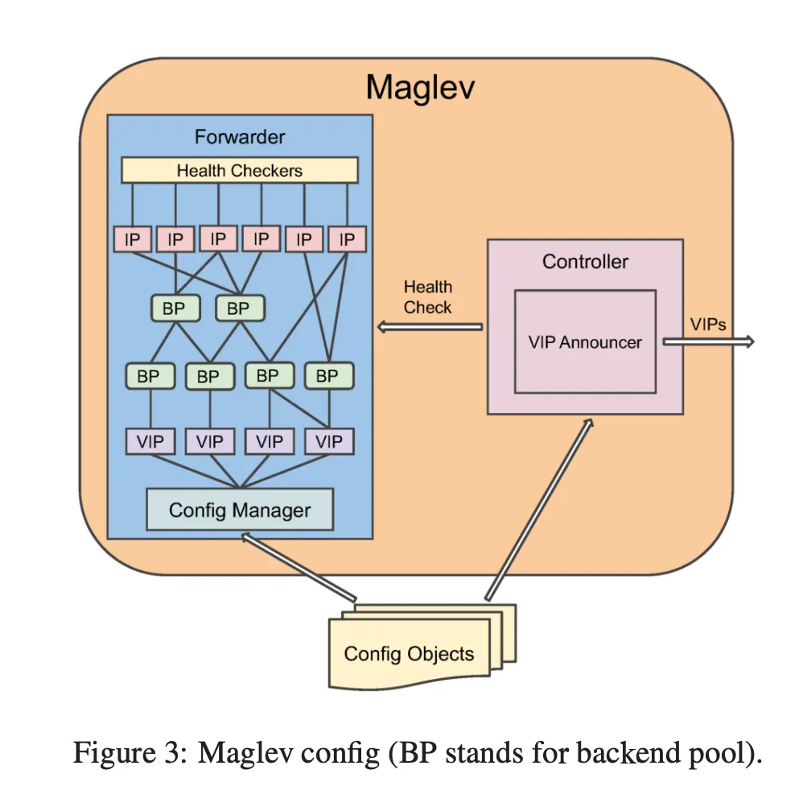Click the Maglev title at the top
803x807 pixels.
420,87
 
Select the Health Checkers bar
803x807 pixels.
239,170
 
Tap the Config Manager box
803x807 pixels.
239,510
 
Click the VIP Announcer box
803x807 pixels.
585,342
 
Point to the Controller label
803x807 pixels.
585,262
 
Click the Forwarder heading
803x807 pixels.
239,137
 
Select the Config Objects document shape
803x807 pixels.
410,652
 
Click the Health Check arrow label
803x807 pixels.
427,297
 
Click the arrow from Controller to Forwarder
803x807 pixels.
430,327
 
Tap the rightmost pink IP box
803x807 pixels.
347,239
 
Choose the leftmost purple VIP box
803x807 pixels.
150,441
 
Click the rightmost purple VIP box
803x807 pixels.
328,441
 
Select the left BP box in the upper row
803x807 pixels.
175,308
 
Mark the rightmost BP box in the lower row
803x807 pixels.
328,376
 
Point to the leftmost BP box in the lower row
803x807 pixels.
149,376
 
